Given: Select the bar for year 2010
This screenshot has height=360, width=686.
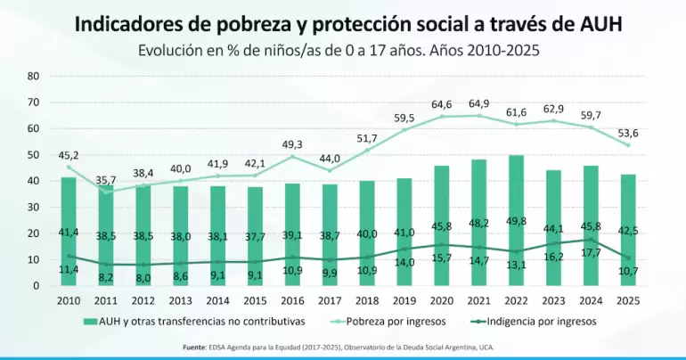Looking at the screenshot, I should pos(69,232).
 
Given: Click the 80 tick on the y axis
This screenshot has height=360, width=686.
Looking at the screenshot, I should pos(34,76).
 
